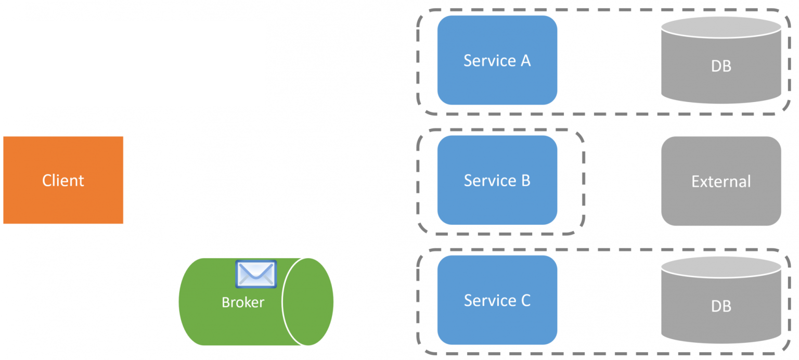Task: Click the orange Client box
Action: coord(63,180)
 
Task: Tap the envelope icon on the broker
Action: coord(256,274)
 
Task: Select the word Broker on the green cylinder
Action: coord(243,302)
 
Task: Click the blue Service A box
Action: coord(497,60)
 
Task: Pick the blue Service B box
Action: coord(497,180)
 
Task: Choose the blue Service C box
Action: coord(497,300)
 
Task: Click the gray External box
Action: coord(721,181)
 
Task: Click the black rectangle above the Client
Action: coord(132,63)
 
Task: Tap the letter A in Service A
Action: coord(525,61)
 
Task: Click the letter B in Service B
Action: coord(525,181)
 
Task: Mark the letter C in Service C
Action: coord(525,301)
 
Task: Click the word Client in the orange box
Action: coord(63,181)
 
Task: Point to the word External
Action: coord(721,182)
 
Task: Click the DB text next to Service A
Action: coord(721,66)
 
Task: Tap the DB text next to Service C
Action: coord(721,306)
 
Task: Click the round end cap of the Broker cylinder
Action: coord(307,302)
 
